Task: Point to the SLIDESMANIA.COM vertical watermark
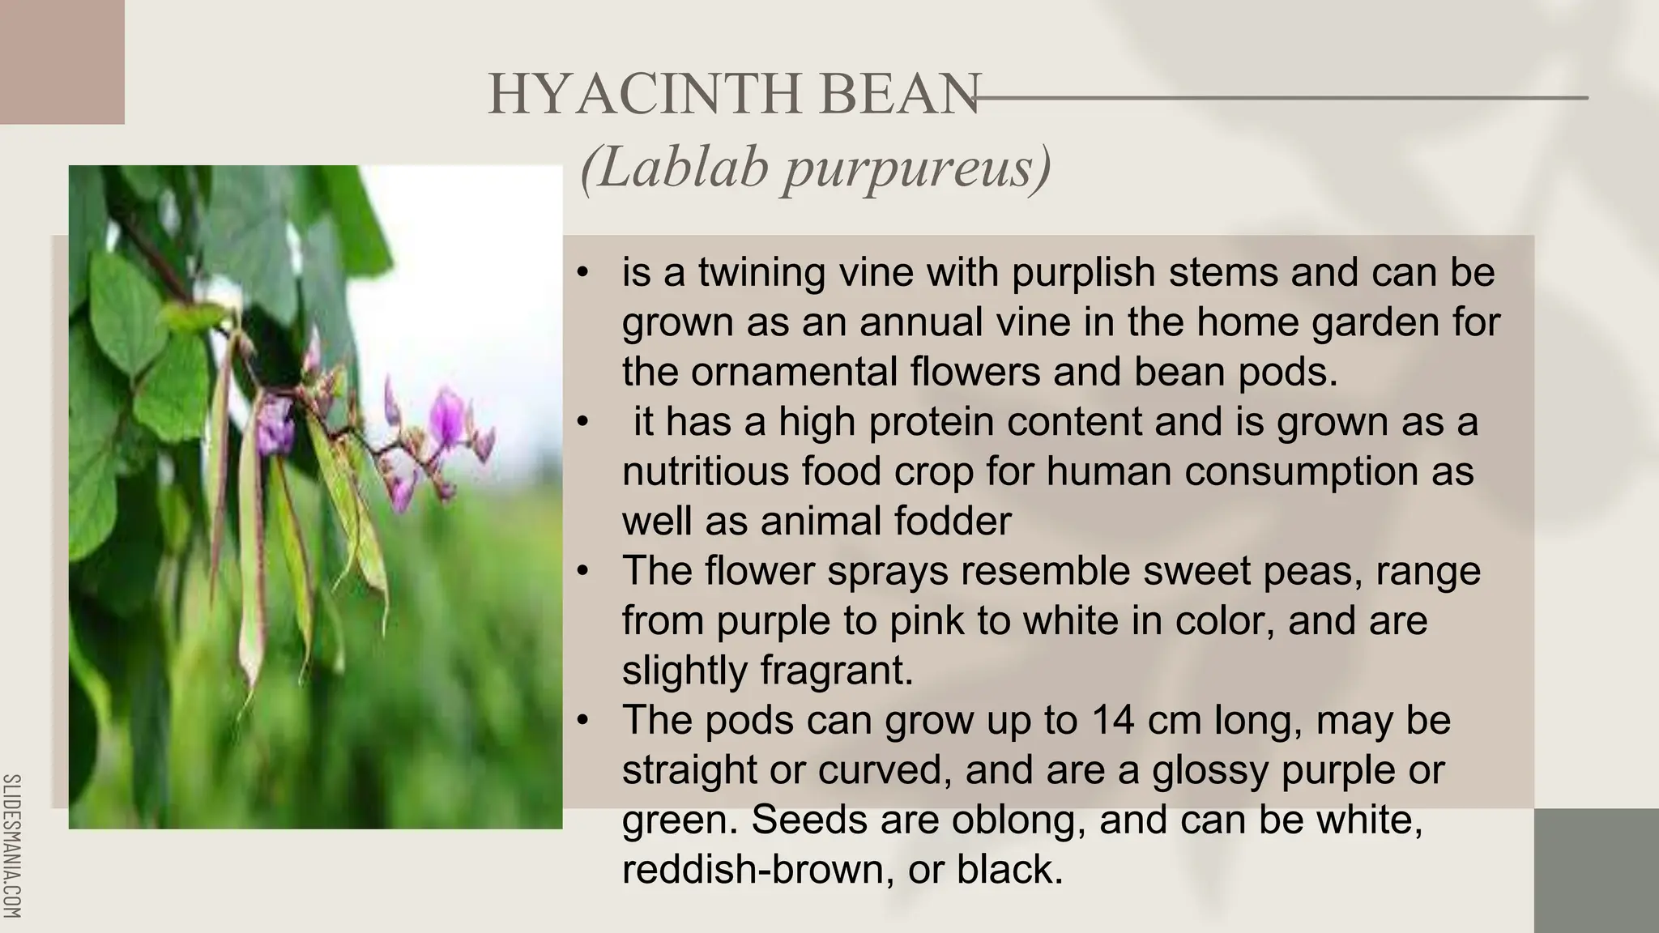click(12, 846)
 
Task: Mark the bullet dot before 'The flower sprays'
click(582, 572)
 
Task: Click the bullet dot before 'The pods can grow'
click(582, 721)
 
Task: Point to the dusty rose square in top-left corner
click(62, 62)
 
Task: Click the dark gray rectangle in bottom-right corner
click(1596, 870)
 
